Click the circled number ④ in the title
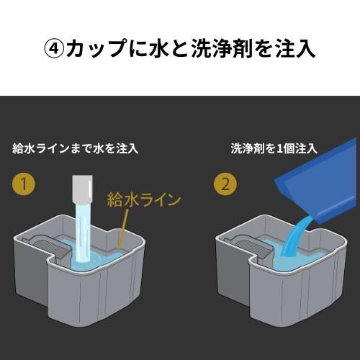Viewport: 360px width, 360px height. tap(54, 49)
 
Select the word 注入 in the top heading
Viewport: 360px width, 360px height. tap(295, 49)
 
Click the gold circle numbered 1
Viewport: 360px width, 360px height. tap(24, 184)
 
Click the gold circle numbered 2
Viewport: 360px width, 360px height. tap(225, 184)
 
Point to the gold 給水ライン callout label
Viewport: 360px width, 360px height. tap(144, 200)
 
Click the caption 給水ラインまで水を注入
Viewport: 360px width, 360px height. tap(75, 148)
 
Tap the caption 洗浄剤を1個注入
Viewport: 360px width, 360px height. tap(274, 148)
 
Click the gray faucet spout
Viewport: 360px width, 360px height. tap(83, 189)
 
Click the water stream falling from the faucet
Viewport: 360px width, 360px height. tap(83, 233)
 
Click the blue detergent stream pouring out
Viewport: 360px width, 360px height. tap(295, 236)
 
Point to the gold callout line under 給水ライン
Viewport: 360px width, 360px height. tap(123, 228)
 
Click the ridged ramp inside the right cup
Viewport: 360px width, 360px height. tap(253, 247)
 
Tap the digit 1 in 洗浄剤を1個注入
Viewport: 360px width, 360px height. tap(279, 148)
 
